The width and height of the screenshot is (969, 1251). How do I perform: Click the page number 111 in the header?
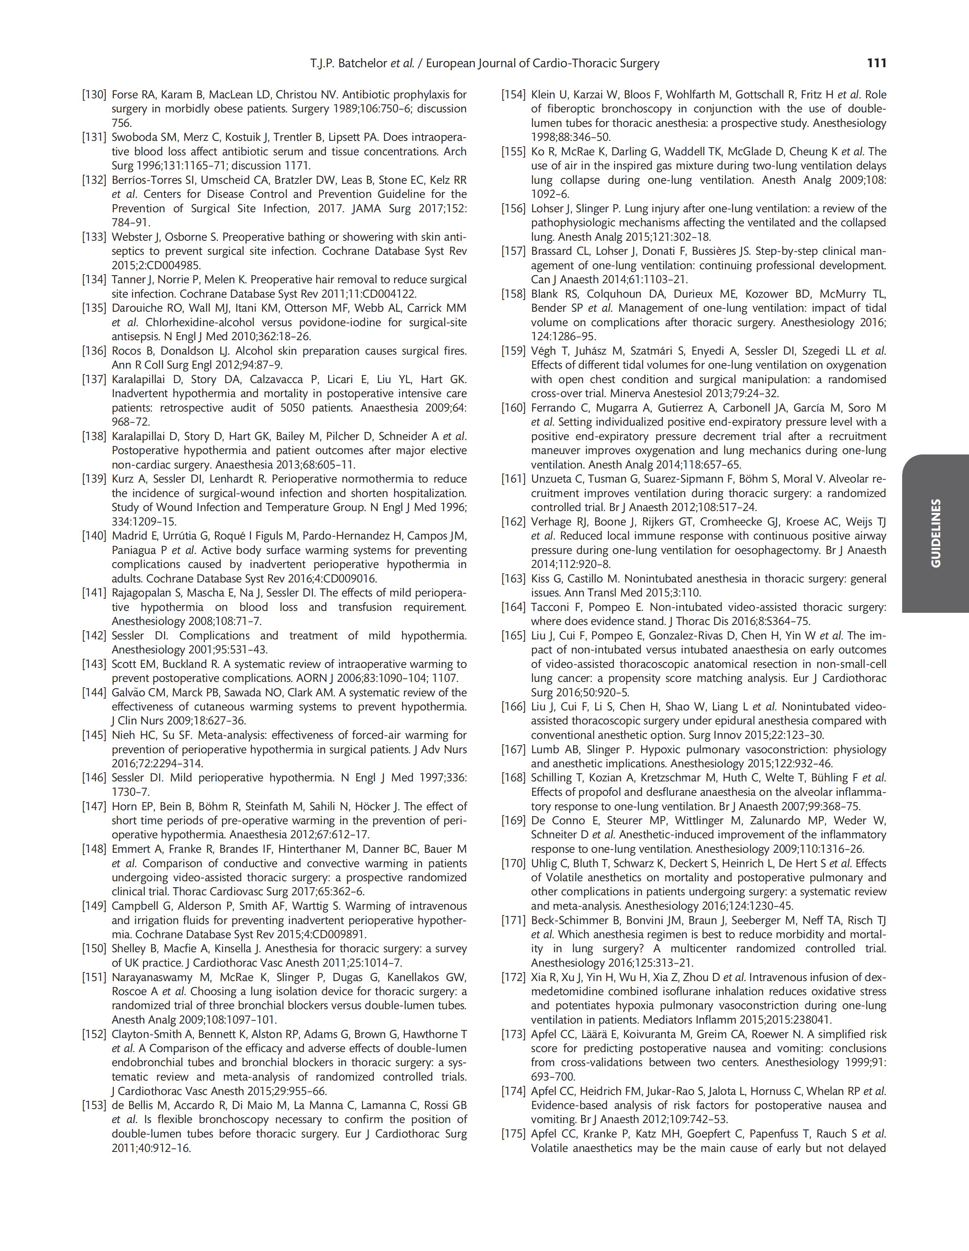click(x=877, y=63)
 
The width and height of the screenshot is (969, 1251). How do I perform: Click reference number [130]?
click(x=94, y=95)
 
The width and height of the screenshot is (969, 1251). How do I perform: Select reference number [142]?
click(x=94, y=636)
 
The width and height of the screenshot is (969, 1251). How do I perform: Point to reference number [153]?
click(x=94, y=1106)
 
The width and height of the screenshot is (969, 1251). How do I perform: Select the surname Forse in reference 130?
click(x=123, y=95)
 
